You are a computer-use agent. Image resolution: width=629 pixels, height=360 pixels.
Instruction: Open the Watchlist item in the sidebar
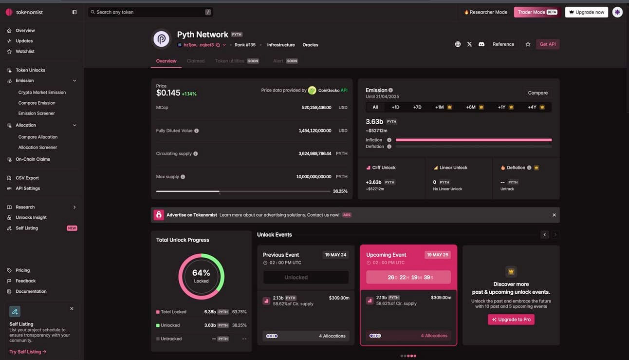coord(25,51)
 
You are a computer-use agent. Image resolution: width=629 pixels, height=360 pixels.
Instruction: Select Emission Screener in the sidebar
coord(37,114)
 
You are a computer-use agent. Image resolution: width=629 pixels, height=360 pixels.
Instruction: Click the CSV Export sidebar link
coord(27,178)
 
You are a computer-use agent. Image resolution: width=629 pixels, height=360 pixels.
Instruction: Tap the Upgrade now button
coord(586,12)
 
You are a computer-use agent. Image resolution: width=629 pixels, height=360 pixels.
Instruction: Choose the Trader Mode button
coord(536,12)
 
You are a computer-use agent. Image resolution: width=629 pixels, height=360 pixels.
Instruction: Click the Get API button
coord(548,44)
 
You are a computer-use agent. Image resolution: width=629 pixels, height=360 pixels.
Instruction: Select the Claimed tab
coord(196,61)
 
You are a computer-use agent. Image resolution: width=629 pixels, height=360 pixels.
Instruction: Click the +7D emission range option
coord(417,107)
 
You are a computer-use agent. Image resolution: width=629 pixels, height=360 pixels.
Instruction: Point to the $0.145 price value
coord(168,93)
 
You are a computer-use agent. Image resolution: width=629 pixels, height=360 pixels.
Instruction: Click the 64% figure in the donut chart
coord(201,273)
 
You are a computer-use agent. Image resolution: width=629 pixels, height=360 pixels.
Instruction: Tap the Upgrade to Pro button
coord(511,320)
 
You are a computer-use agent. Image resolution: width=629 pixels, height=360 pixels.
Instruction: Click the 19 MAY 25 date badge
coord(437,255)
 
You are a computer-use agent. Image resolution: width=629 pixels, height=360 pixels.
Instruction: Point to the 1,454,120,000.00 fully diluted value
coord(314,131)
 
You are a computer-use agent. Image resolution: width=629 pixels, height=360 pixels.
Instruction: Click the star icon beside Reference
coord(528,44)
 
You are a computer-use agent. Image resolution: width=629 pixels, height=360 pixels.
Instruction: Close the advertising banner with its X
coord(554,215)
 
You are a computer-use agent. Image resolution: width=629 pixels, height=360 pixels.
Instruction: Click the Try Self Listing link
coord(28,352)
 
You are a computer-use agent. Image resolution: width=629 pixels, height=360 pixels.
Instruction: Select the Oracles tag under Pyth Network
coord(310,45)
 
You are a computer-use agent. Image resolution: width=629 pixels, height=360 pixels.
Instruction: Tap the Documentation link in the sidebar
coord(31,291)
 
